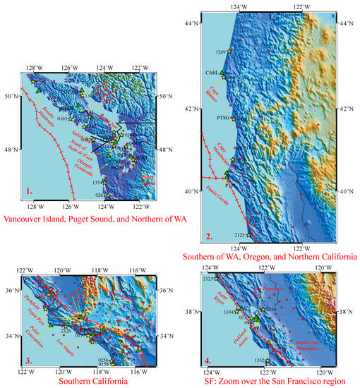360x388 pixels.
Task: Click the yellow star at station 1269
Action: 229,51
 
